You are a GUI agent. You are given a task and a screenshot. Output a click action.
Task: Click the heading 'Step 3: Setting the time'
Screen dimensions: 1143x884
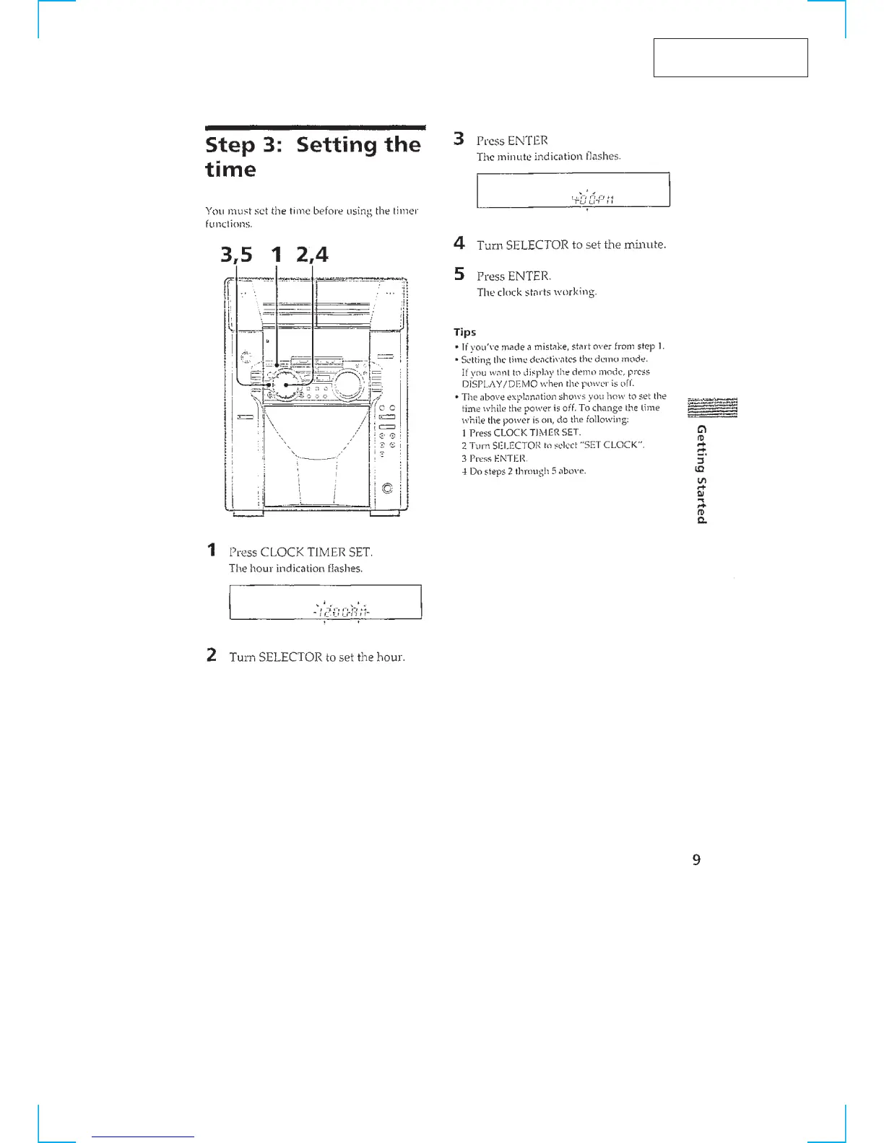(x=312, y=157)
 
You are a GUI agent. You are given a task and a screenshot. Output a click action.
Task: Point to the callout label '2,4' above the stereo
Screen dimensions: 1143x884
(x=311, y=255)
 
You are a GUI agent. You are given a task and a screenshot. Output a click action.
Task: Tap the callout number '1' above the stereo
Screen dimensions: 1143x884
(x=275, y=255)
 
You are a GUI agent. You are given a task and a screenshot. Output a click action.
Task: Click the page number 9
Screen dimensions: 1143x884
(x=696, y=859)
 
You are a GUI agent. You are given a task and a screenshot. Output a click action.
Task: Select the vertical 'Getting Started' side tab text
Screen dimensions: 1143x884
(x=700, y=473)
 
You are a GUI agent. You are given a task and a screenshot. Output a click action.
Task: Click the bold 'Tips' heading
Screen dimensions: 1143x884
(x=464, y=332)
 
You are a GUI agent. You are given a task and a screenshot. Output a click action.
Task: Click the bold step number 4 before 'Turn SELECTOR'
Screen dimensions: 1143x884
(x=459, y=244)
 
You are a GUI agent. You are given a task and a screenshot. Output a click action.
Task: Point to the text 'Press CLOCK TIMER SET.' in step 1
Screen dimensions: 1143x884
(x=301, y=552)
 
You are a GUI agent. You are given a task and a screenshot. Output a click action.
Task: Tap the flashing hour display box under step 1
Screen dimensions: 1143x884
(x=325, y=603)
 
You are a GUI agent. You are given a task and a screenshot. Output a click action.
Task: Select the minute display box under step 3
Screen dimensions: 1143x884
(x=573, y=190)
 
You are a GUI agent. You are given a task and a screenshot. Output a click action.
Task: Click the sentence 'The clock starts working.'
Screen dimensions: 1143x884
(x=537, y=292)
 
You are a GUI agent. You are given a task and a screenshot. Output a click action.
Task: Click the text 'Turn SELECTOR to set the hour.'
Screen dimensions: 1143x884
(x=317, y=657)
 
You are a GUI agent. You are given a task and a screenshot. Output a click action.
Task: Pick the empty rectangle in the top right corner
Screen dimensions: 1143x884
(x=730, y=58)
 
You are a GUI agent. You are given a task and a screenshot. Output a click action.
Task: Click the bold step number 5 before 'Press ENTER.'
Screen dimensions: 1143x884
(x=459, y=275)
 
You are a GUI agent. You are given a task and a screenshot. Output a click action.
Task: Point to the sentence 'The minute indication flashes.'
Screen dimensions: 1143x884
(x=548, y=157)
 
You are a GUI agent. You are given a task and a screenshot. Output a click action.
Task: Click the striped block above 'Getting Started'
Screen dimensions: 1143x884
(x=713, y=408)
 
